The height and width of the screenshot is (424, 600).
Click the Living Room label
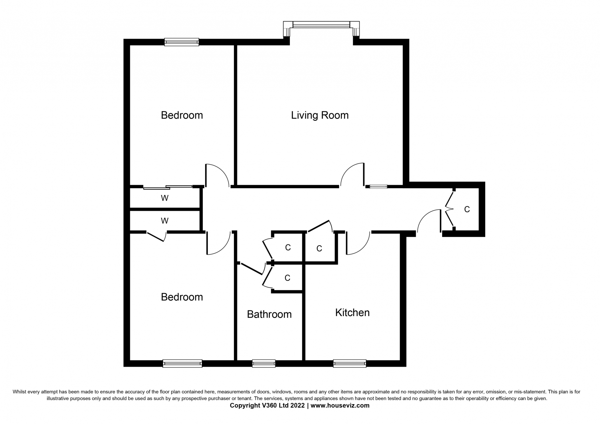[x=320, y=115]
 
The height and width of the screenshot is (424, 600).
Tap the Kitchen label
[x=352, y=313]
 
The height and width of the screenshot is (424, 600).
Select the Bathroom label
[x=269, y=314]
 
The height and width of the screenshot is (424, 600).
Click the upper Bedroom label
[x=182, y=115]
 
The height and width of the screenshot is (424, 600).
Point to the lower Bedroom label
[x=182, y=297]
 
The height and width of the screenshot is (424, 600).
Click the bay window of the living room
[x=321, y=25]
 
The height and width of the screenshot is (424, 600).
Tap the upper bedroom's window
[x=181, y=42]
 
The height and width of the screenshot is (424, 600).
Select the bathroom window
[x=264, y=364]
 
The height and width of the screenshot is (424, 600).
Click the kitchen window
[x=349, y=364]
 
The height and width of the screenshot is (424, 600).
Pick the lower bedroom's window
[x=182, y=364]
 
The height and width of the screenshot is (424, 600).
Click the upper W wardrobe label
[x=165, y=198]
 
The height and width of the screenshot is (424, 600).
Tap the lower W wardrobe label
[x=165, y=221]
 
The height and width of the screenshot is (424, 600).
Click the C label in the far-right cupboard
[x=467, y=209]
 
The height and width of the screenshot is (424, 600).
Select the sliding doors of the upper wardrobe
[x=168, y=187]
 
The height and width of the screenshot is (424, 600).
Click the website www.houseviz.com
[x=340, y=405]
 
